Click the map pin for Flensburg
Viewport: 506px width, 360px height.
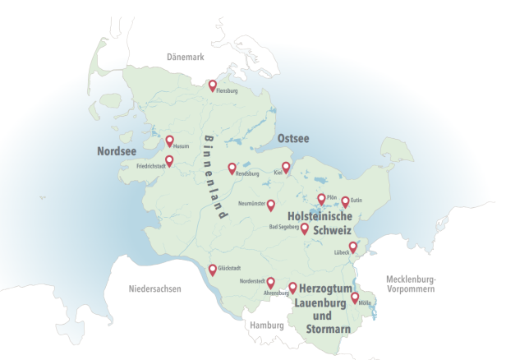coord(212,85)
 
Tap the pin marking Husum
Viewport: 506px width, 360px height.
coord(170,141)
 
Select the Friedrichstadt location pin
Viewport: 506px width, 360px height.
coord(170,160)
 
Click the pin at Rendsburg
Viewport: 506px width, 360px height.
coord(232,167)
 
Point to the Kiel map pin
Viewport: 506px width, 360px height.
coord(286,167)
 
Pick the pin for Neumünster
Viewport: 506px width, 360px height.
coord(271,204)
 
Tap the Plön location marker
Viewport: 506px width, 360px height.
coord(321,198)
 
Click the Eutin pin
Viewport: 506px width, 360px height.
coord(345,200)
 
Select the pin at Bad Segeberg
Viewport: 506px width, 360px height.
coord(305,228)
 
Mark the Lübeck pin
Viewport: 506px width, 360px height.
coord(353,247)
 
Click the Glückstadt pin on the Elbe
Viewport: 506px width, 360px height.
coord(213,269)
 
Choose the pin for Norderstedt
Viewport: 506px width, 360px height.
coord(270,282)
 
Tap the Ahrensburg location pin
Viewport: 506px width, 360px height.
coord(292,287)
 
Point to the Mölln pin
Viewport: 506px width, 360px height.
coord(356,298)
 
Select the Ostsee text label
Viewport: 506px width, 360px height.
coord(293,138)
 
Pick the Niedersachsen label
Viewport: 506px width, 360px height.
coord(154,289)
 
